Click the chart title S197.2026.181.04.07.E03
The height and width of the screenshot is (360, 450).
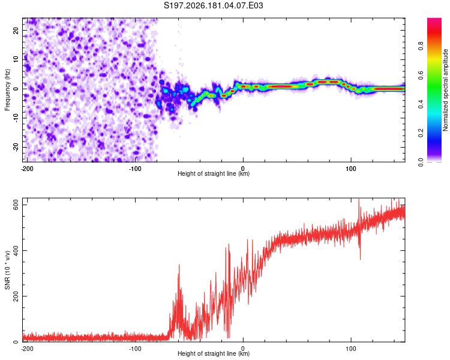[213, 5]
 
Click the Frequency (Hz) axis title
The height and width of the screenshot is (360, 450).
[7, 90]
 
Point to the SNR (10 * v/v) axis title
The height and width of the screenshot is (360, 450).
[7, 270]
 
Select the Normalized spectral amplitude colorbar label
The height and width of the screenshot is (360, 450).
[445, 90]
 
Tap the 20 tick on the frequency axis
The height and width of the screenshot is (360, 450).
[16, 30]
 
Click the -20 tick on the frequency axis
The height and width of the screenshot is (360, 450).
[16, 147]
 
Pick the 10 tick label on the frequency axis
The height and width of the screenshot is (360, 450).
[16, 59]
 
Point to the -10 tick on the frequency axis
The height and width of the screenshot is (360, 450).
[16, 118]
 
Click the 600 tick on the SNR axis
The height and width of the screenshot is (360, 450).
[16, 205]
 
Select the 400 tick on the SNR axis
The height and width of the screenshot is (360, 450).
[16, 250]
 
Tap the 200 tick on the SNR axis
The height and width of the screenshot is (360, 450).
[16, 296]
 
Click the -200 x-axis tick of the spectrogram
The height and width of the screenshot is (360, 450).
[27, 169]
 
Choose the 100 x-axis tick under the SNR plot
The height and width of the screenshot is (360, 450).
[351, 349]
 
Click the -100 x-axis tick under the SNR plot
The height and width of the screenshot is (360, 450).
[135, 349]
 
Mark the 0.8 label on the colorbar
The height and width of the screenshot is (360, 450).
[421, 46]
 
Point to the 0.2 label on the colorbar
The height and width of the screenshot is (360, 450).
[421, 133]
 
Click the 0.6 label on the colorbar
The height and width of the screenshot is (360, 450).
[421, 75]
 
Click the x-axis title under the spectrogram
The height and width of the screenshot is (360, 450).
[214, 173]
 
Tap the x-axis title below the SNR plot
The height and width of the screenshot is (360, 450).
[214, 353]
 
